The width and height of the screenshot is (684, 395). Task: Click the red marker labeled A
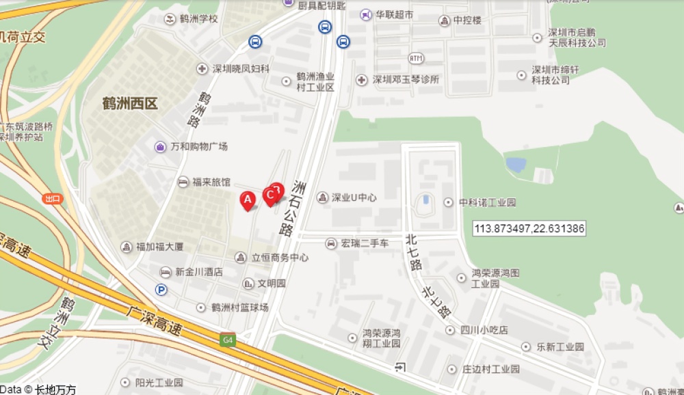click(248, 200)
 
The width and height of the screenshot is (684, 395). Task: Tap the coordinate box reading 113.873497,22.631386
click(529, 228)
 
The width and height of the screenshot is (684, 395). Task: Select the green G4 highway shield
click(226, 340)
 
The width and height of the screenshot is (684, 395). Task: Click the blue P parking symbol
click(161, 290)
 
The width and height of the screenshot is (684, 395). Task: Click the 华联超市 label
click(395, 14)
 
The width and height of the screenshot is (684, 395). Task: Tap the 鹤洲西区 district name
click(130, 104)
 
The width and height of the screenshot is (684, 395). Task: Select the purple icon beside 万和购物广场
click(160, 146)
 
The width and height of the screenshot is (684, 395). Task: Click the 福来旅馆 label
click(211, 182)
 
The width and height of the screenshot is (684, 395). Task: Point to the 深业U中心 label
click(354, 197)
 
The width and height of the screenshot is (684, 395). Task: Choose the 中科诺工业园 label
click(487, 202)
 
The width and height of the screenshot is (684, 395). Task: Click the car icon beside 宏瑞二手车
click(331, 243)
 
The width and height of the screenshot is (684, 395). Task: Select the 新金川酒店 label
click(199, 271)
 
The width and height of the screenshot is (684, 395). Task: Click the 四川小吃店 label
click(484, 330)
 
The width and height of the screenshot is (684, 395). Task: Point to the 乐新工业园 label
click(560, 347)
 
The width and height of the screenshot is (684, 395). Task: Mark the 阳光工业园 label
click(159, 383)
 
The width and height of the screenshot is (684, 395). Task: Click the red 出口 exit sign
click(52, 199)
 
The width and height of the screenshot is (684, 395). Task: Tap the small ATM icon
click(417, 58)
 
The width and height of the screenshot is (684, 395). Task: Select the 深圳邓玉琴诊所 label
click(406, 80)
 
